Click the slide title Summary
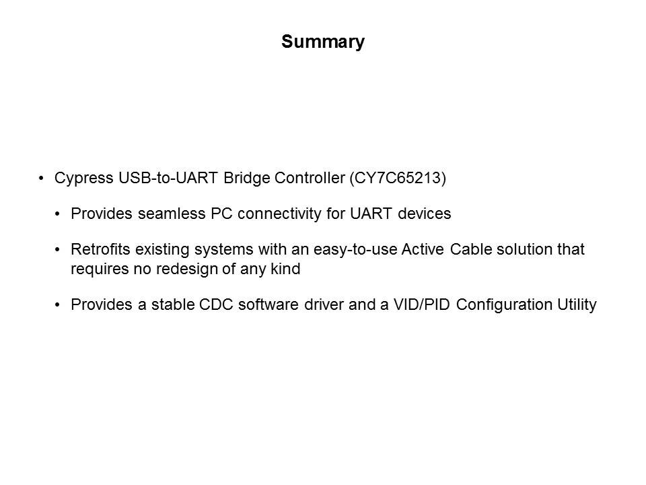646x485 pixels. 323,42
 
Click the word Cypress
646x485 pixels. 84,179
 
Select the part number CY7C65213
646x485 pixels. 398,178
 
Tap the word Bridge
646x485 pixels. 247,179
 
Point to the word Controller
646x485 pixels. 310,178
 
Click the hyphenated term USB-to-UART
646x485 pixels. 168,178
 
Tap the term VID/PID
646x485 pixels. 421,304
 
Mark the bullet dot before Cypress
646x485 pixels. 41,178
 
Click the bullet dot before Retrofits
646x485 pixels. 57,250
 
